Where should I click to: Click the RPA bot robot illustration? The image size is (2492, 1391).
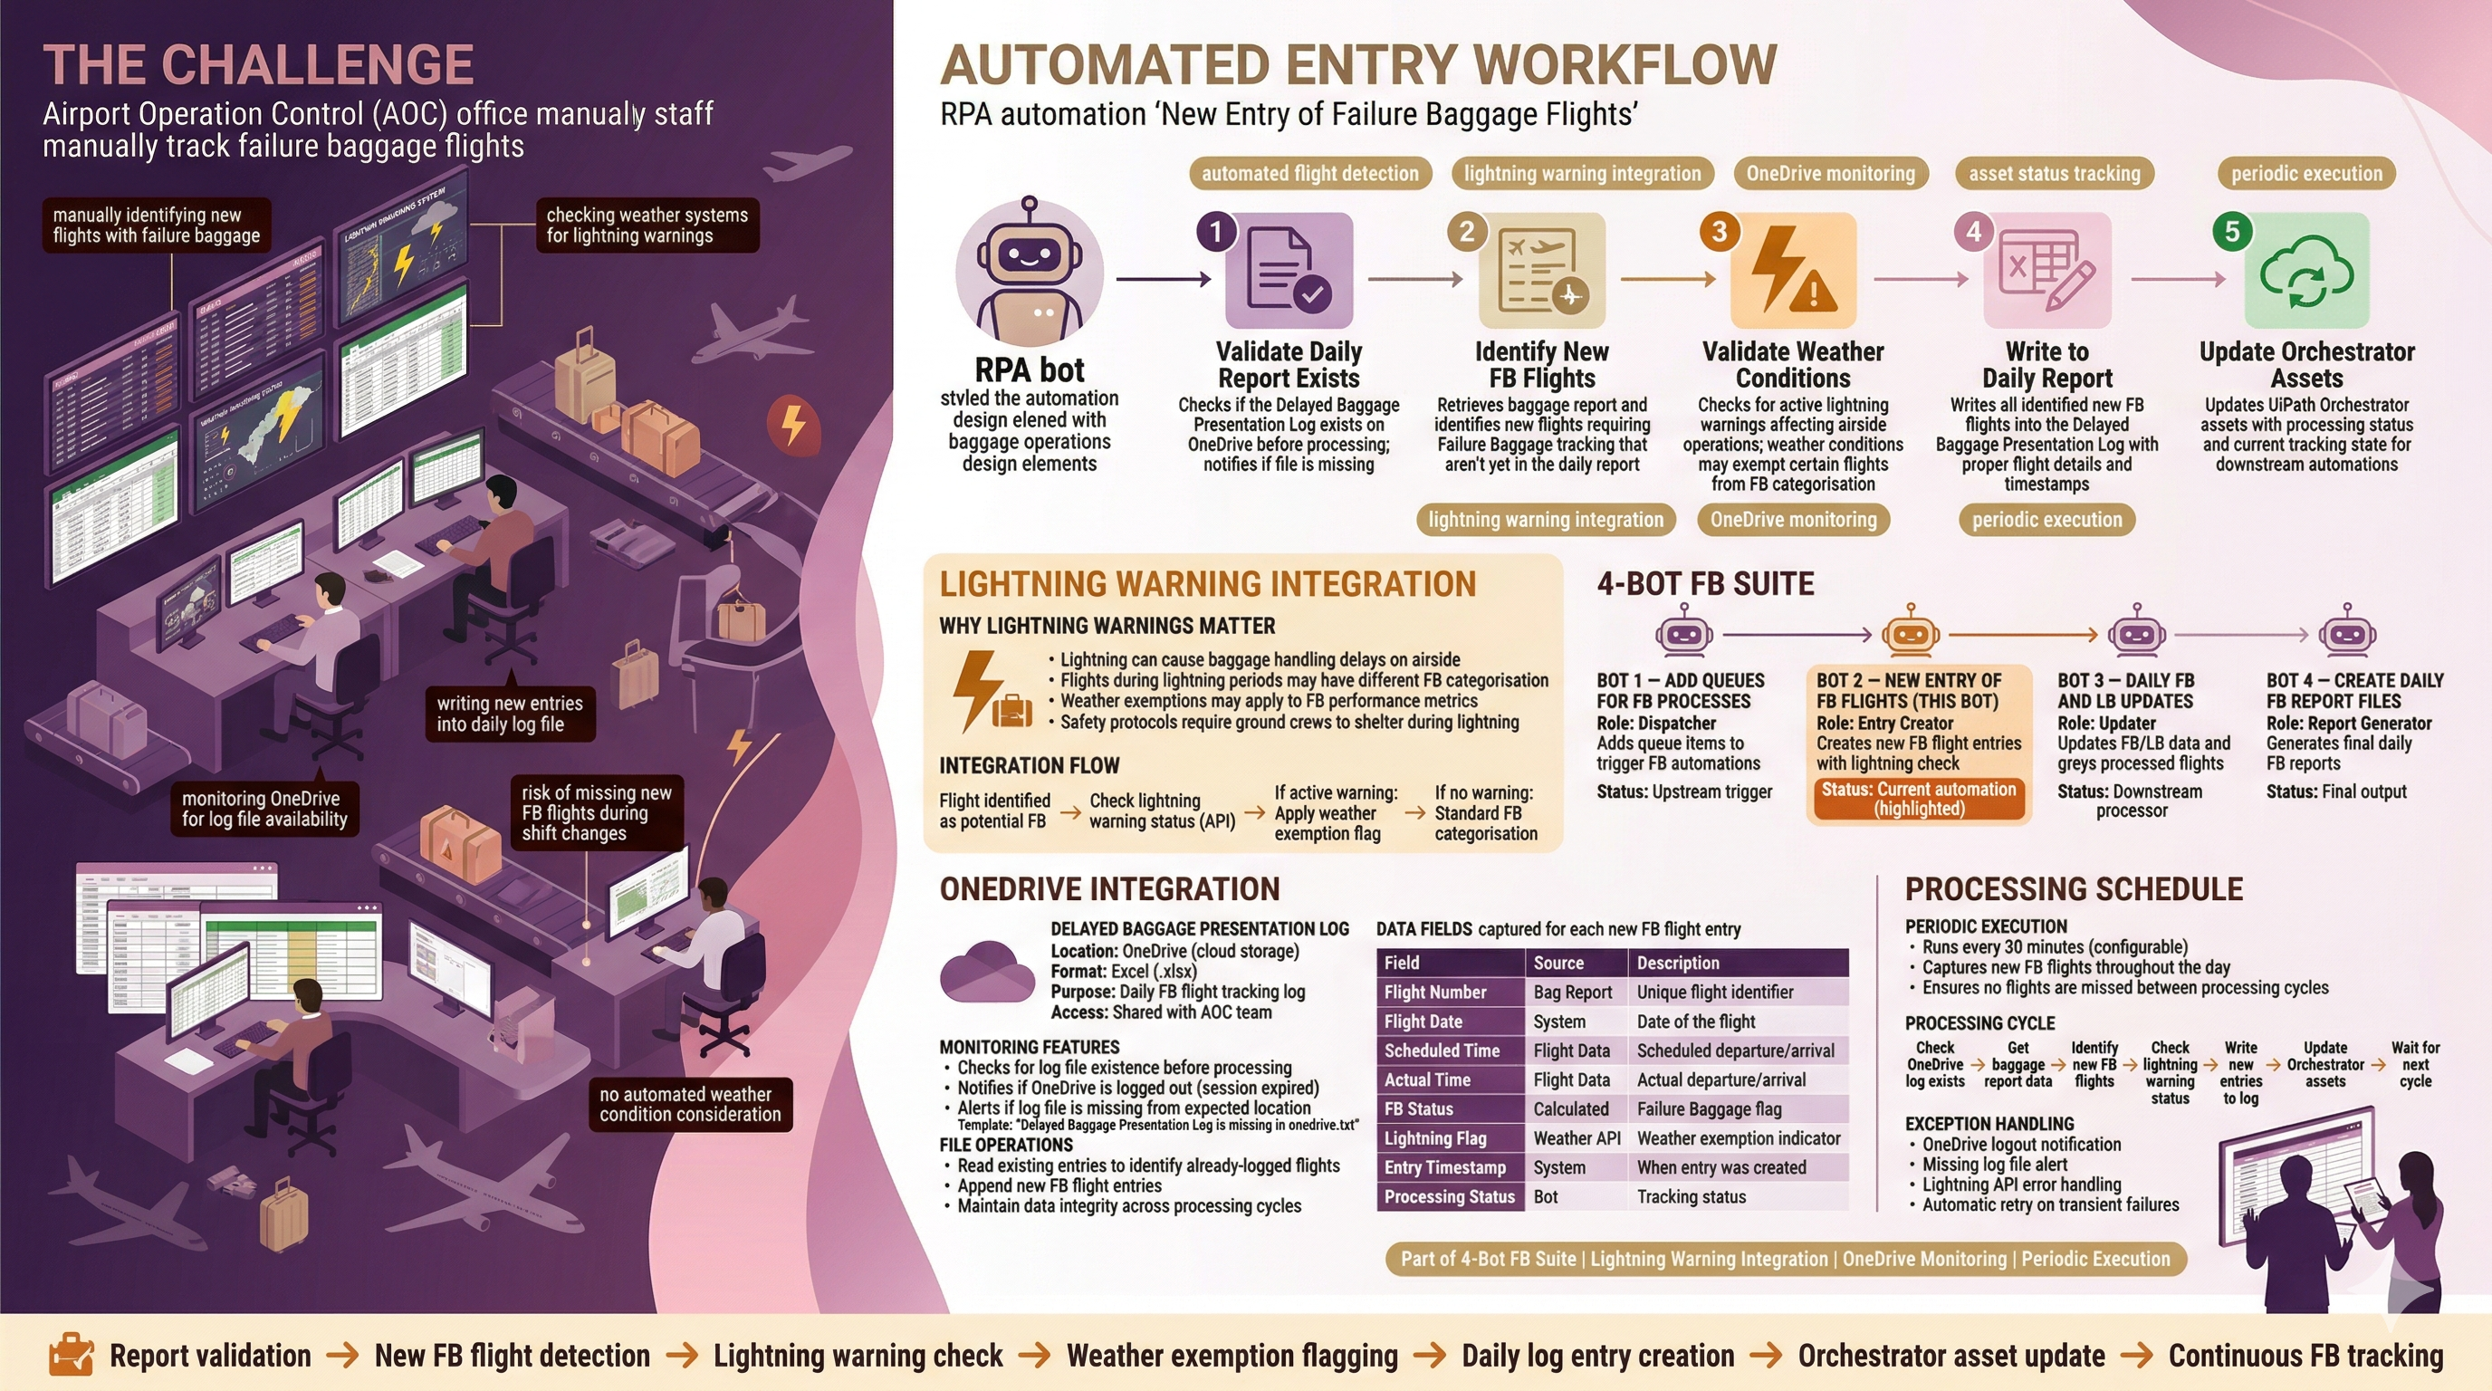click(1030, 273)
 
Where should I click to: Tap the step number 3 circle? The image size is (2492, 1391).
click(1719, 231)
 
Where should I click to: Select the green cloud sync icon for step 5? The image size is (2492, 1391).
click(2306, 272)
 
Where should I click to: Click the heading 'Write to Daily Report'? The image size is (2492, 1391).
click(2046, 365)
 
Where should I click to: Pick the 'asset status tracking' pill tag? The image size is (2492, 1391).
click(2054, 174)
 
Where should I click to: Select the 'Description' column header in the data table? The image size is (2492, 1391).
click(1677, 963)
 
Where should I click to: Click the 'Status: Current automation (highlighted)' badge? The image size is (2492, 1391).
click(1918, 799)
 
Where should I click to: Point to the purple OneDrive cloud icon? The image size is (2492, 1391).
click(986, 971)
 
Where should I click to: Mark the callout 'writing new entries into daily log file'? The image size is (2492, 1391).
click(510, 714)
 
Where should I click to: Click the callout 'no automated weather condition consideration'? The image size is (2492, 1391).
click(690, 1105)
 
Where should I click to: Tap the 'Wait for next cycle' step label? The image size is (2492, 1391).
click(2415, 1064)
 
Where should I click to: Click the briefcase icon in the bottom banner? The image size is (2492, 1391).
click(71, 1354)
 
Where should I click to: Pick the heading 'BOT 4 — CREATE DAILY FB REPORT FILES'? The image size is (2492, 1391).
click(2353, 691)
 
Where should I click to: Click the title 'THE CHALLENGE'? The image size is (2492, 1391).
click(258, 66)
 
